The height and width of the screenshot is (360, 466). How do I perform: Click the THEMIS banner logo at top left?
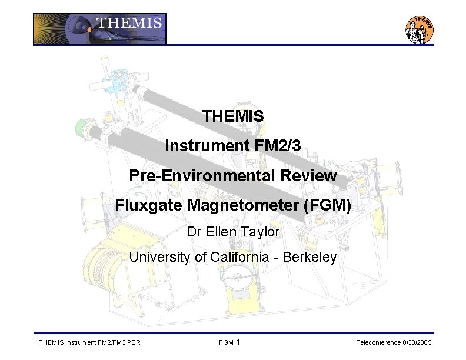pos(99,29)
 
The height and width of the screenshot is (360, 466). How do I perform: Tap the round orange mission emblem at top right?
pos(420,29)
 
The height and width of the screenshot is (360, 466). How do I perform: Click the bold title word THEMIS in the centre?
pos(233,116)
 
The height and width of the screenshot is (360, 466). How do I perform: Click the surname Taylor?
pos(259,232)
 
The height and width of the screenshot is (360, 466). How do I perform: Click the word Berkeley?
pos(309,257)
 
